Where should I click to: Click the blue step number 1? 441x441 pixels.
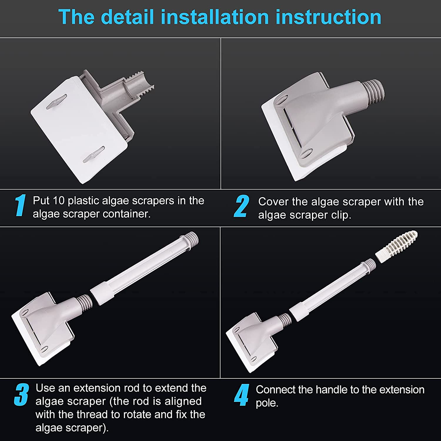(x=20, y=205)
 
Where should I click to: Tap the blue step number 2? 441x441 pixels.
(x=241, y=206)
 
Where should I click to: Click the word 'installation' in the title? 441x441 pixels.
(x=215, y=17)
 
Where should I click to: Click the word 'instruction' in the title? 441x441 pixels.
(x=328, y=17)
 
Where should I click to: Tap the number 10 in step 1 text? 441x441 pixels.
(x=59, y=201)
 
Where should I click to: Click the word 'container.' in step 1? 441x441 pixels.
(x=127, y=214)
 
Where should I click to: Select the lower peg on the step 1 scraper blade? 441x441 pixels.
(x=94, y=154)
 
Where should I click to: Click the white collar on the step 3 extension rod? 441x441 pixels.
(x=102, y=293)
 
